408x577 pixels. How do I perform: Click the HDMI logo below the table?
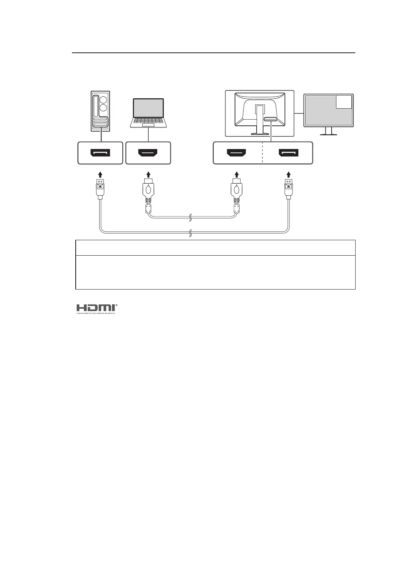click(x=97, y=308)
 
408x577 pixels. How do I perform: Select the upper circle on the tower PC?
click(x=103, y=100)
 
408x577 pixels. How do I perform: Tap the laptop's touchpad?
click(x=148, y=126)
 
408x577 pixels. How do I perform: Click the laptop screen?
click(x=148, y=108)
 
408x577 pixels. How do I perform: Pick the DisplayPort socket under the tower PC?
click(x=100, y=153)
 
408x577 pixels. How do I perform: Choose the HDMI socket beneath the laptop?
click(x=148, y=153)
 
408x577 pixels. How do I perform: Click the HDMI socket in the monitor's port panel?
click(x=236, y=153)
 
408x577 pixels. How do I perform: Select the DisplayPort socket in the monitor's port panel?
click(x=288, y=153)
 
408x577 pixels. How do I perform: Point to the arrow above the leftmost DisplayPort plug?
click(x=100, y=174)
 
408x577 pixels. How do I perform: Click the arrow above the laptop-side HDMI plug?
click(x=148, y=174)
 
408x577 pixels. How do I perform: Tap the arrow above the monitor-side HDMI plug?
click(x=236, y=174)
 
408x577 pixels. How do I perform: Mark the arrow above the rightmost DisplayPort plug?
click(x=288, y=174)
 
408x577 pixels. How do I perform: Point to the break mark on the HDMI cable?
click(x=191, y=217)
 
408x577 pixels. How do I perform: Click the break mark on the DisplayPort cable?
click(x=191, y=233)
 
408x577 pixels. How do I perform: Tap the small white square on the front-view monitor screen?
click(x=344, y=102)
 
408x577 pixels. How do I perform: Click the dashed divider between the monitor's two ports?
click(x=262, y=153)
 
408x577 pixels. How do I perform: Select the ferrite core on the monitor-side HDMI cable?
click(x=236, y=208)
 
